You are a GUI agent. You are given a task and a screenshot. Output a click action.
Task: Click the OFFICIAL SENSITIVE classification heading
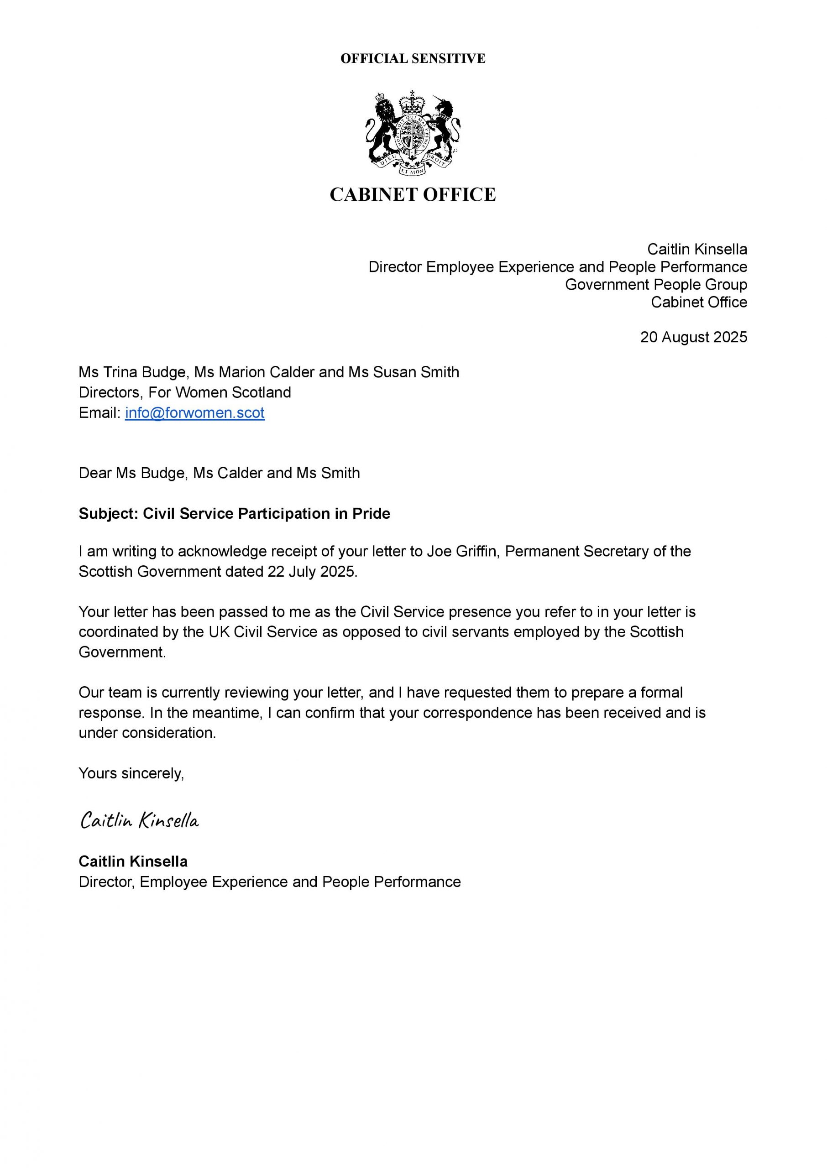coord(413,58)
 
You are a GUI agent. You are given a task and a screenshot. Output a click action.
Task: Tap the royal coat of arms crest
coord(413,133)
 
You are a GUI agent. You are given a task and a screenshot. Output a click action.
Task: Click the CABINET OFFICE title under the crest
coord(413,194)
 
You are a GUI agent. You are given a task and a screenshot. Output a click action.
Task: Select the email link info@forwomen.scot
coord(194,413)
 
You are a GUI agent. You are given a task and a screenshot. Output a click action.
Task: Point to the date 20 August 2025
coord(693,337)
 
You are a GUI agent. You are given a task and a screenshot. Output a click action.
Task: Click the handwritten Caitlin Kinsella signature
coord(140,820)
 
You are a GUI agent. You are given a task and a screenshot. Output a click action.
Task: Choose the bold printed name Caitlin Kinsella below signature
coord(133,861)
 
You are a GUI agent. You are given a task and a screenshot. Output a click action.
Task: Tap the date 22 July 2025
coord(311,572)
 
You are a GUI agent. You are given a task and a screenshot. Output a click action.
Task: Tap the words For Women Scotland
coord(220,392)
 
